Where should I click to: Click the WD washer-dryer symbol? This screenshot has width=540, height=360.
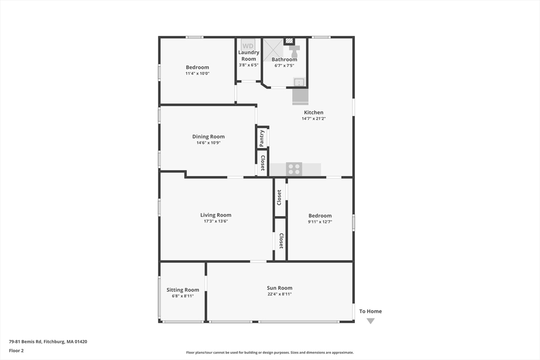pos(248,46)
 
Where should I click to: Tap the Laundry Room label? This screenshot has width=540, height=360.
pos(248,56)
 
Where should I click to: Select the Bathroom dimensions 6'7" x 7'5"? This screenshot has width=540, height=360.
pos(284,66)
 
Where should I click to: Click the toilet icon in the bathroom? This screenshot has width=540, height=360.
pos(294,51)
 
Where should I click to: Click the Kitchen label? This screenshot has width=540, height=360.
pos(313,112)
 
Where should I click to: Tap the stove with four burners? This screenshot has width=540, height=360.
pos(294,169)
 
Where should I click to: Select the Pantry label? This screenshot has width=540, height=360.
pos(262,138)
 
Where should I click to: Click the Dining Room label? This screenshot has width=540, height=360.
pos(208,137)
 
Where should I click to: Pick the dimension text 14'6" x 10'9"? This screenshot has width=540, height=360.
pos(208,143)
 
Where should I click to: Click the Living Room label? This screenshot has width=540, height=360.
pos(216,215)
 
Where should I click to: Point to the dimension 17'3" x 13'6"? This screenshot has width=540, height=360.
pos(216,221)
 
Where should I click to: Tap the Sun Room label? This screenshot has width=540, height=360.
pos(279,288)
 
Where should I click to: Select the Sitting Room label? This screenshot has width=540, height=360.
pos(183,290)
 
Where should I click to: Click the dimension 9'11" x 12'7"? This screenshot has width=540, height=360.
pos(320,222)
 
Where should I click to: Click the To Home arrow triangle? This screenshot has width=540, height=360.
pos(371,321)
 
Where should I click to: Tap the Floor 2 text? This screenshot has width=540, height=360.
pos(16,350)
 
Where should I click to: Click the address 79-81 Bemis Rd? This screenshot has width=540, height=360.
pos(48,342)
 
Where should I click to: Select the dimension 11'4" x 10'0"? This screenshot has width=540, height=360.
pos(197,74)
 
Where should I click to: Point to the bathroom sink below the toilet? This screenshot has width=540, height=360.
pos(299,82)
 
